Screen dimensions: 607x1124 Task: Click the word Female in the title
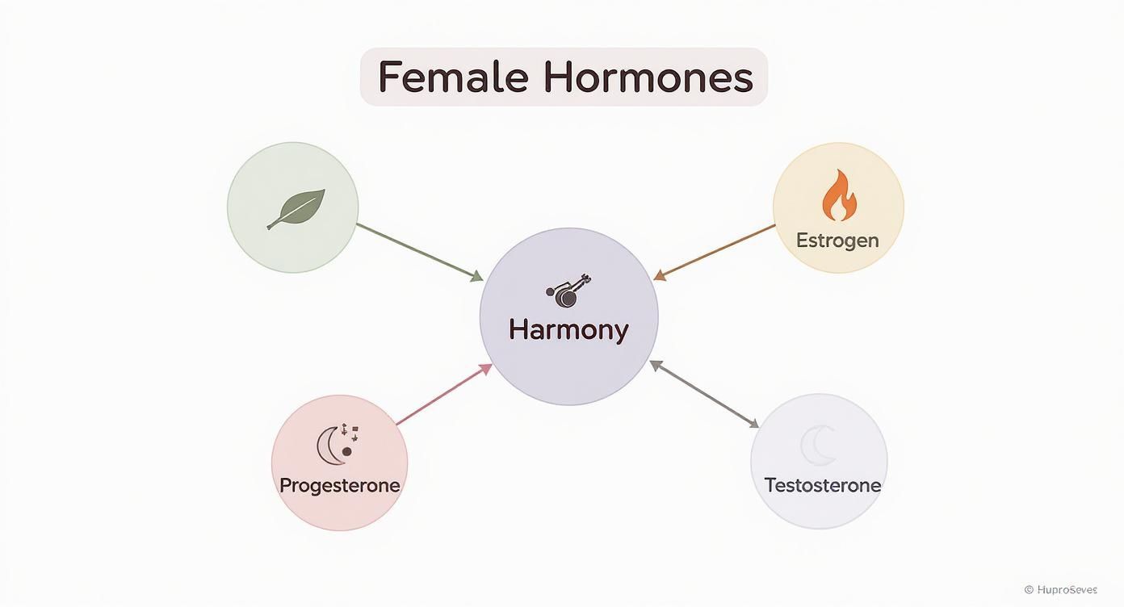(452, 77)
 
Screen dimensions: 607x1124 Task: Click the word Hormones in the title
(648, 77)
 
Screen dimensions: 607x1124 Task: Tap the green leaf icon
(296, 209)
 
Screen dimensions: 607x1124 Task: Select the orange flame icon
(839, 195)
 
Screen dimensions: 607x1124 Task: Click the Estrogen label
(837, 240)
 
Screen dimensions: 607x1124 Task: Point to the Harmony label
(568, 329)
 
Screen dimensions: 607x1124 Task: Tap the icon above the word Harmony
(568, 291)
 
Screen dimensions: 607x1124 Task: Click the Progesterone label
(339, 485)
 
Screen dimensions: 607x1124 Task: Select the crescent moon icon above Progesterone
(333, 445)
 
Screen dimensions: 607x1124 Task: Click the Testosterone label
(822, 485)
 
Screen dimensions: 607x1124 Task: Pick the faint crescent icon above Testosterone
(820, 446)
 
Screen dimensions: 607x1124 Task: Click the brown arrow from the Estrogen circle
(714, 252)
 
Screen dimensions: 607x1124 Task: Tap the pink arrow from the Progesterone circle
(443, 394)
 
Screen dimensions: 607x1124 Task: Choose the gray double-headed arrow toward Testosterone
(704, 394)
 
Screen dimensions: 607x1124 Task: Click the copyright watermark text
(1060, 590)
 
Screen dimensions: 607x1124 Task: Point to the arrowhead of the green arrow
(477, 277)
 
